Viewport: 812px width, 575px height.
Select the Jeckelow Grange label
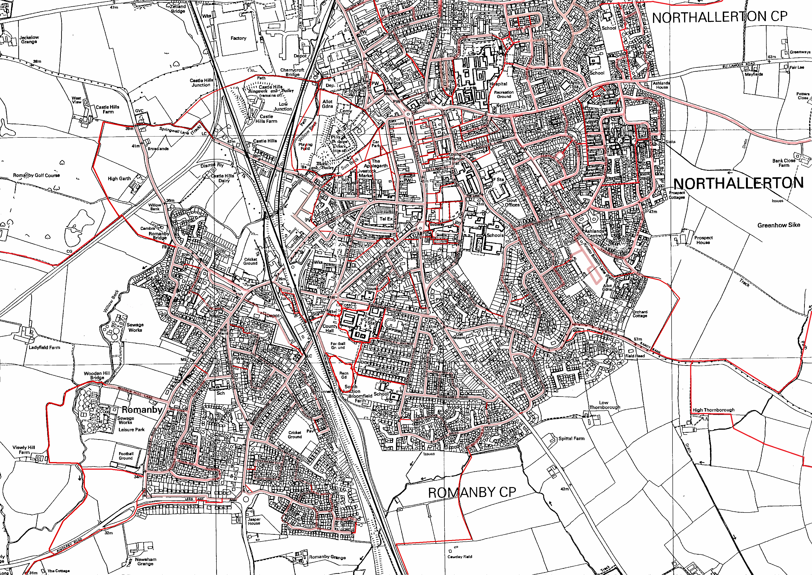29,39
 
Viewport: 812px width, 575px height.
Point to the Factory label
238,38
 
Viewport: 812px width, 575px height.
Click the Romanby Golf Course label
37,175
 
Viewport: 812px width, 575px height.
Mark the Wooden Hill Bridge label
97,375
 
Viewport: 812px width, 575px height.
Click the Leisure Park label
132,429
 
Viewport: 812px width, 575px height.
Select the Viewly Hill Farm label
24,450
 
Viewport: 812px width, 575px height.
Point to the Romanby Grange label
327,557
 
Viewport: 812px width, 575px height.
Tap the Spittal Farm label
571,438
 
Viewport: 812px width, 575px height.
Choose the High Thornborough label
714,410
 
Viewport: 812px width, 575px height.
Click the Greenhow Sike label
779,225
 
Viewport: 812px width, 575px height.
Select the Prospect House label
703,240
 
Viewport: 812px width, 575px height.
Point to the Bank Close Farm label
784,163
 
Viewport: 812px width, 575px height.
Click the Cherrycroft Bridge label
292,72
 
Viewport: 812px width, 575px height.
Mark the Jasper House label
254,521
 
